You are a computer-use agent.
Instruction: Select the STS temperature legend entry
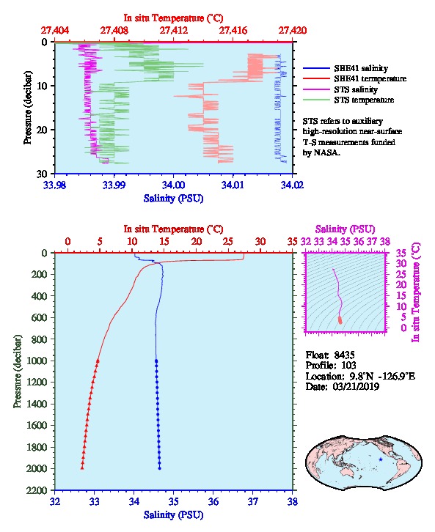[348, 100]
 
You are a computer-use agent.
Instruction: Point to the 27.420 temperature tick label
[293, 31]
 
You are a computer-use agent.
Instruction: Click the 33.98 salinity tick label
[55, 185]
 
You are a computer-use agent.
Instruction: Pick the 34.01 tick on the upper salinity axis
[233, 185]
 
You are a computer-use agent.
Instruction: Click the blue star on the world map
[381, 459]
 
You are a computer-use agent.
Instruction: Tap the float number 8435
[344, 355]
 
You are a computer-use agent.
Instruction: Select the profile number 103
[348, 366]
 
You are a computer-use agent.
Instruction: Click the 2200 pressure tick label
[37, 490]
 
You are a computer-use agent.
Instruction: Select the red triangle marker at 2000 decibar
[82, 468]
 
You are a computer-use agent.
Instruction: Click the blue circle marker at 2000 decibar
[160, 468]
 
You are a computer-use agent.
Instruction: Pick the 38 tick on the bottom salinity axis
[293, 501]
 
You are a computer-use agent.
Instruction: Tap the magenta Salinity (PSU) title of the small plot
[346, 229]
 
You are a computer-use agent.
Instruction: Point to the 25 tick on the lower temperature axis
[228, 242]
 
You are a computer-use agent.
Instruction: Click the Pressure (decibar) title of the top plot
[28, 108]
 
